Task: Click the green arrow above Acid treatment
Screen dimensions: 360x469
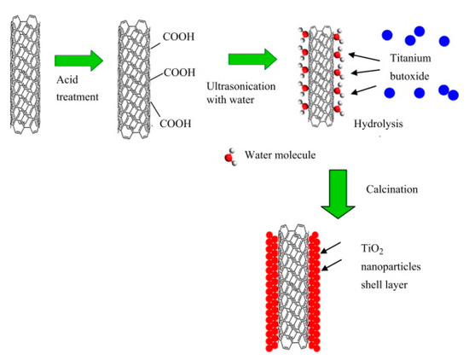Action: pyautogui.click(x=78, y=61)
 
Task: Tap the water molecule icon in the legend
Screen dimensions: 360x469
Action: pyautogui.click(x=229, y=156)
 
